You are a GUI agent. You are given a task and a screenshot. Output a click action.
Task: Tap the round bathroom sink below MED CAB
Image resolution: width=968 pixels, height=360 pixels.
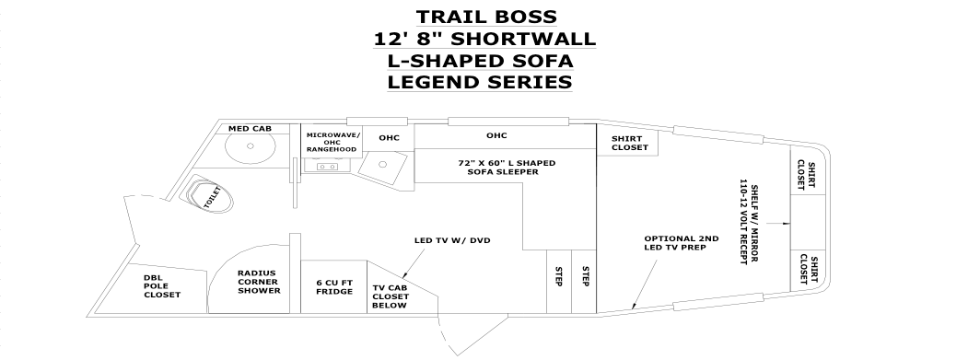[250, 146]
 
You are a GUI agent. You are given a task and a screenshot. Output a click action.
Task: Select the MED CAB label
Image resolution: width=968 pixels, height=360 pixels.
[250, 128]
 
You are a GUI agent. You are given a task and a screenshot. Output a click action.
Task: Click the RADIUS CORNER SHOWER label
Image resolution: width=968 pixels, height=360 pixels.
[260, 282]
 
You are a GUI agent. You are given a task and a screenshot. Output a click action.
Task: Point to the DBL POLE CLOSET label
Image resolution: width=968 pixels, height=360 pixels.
[162, 286]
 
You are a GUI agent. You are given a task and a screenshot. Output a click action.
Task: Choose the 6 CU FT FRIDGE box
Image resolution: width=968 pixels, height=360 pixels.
[333, 286]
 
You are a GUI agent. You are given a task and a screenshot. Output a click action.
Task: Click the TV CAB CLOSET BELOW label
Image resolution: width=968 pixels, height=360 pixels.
[391, 296]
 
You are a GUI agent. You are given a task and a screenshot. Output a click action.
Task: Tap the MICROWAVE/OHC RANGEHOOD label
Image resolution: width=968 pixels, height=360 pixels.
[333, 142]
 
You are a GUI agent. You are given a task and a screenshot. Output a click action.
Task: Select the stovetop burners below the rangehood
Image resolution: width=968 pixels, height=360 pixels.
[326, 166]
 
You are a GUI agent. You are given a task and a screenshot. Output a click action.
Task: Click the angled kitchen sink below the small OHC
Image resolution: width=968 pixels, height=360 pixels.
[381, 166]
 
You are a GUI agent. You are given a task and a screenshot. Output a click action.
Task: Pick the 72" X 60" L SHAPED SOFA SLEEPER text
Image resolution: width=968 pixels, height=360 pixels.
[507, 168]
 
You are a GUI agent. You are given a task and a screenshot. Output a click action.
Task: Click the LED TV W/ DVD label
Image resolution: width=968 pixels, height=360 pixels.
[452, 240]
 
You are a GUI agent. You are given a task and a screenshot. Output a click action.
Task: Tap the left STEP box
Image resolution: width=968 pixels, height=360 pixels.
[559, 282]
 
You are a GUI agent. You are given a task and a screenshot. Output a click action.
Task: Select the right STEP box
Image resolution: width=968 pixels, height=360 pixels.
[584, 282]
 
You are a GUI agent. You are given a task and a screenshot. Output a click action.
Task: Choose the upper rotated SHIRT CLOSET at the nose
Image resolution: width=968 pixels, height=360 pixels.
[806, 175]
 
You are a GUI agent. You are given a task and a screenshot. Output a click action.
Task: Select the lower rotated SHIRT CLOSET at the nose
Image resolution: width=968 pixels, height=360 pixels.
[809, 269]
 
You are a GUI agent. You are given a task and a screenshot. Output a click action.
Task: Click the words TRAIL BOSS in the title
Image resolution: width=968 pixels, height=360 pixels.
[486, 16]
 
